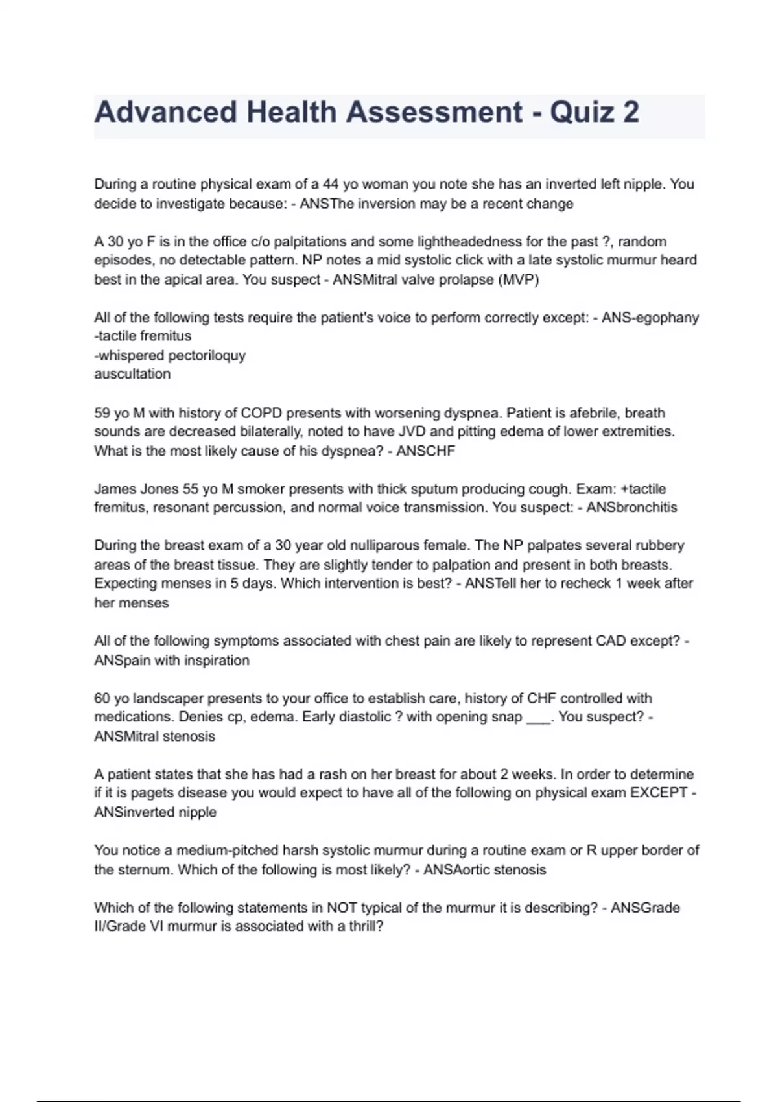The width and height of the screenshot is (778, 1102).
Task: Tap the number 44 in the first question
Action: point(331,184)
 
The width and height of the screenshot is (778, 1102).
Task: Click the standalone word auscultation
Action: point(132,374)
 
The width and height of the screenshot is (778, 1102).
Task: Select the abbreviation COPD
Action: point(261,413)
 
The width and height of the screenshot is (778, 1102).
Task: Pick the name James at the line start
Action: point(115,489)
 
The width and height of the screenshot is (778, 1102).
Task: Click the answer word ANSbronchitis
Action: point(631,508)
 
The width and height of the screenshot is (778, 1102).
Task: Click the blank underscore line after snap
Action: point(538,718)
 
